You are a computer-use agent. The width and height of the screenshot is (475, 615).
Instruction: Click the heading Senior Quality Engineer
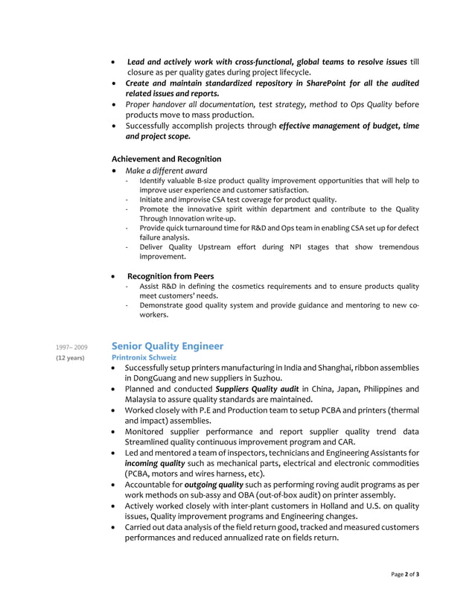(167, 345)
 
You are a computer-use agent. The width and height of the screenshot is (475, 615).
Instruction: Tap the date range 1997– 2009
(71, 347)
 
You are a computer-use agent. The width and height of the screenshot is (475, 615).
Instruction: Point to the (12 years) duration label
(71, 358)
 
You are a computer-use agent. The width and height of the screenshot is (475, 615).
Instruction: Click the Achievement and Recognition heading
(166, 159)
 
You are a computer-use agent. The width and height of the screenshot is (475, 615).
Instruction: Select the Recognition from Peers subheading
(170, 275)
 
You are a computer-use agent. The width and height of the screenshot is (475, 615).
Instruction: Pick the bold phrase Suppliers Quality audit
(257, 389)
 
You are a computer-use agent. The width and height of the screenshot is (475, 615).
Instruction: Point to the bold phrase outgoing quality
(214, 484)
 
